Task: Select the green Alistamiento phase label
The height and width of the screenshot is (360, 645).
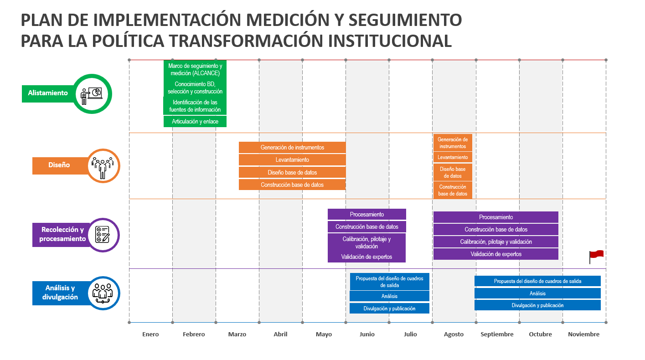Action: (x=48, y=93)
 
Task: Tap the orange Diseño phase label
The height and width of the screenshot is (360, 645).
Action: (x=59, y=165)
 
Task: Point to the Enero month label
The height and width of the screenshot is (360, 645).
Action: (x=150, y=334)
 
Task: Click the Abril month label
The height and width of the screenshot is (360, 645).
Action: (x=280, y=334)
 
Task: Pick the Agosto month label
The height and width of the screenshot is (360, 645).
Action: (x=454, y=334)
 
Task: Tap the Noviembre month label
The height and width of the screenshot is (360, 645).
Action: (x=583, y=334)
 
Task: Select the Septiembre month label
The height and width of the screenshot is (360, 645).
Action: (x=497, y=334)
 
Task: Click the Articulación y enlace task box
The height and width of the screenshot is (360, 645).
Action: (x=195, y=122)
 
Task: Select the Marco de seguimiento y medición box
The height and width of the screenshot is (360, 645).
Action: (x=195, y=70)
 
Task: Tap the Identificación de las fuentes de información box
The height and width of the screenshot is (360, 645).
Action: (x=195, y=106)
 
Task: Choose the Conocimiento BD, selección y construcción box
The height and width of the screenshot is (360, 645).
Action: (x=195, y=88)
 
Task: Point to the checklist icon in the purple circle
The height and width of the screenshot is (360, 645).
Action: (x=102, y=235)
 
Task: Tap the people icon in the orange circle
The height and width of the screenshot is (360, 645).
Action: (x=102, y=166)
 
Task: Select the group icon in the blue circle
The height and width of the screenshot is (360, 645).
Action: (x=102, y=293)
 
